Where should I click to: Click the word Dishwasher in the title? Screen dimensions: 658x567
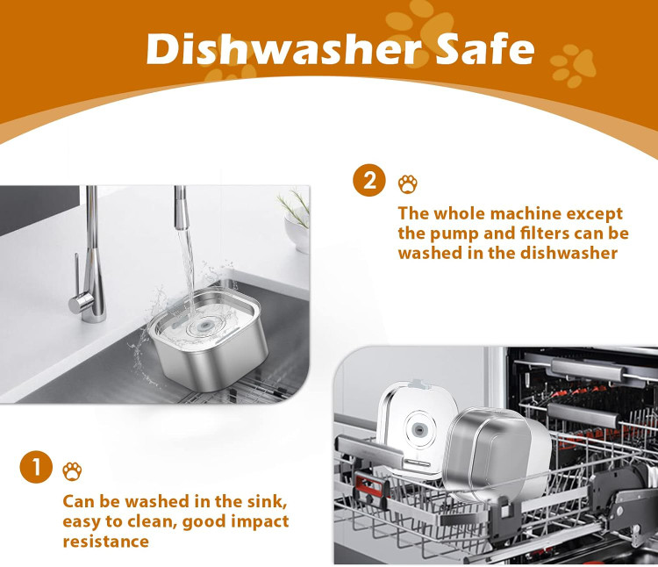click(x=284, y=48)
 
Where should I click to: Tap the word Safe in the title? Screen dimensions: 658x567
click(x=484, y=48)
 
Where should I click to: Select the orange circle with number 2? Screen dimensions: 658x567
click(x=369, y=180)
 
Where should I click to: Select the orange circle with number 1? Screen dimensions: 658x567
click(x=36, y=467)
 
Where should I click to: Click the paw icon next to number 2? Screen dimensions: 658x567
click(x=407, y=183)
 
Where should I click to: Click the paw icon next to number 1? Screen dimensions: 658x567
click(x=72, y=471)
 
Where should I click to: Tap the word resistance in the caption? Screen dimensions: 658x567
click(x=106, y=541)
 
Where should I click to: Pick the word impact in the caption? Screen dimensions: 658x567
click(x=260, y=521)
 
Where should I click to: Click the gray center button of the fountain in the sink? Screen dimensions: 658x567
click(x=204, y=326)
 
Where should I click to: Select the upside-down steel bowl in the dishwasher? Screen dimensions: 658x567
click(x=497, y=454)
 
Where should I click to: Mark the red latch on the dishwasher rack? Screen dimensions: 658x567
click(x=370, y=489)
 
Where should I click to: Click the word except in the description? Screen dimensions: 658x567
click(x=595, y=215)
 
